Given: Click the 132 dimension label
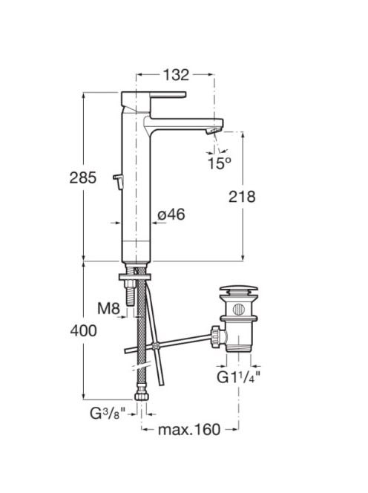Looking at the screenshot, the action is [x=176, y=75].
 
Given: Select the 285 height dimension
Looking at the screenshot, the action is [x=82, y=177].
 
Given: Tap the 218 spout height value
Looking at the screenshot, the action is [x=242, y=197].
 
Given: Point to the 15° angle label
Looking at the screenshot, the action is [x=220, y=163].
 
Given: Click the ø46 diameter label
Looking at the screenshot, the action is [x=171, y=215].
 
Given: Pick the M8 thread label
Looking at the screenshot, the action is [x=108, y=308].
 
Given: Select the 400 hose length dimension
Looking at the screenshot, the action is [x=83, y=330].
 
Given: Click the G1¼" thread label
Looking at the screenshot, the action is [x=238, y=377].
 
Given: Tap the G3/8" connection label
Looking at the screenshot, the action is [x=108, y=413].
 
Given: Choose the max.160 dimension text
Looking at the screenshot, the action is [x=189, y=429].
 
